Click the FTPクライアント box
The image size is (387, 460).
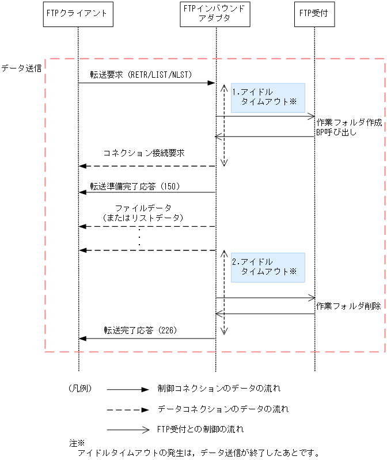pos(78,14)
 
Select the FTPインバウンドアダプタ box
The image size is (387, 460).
pos(215,14)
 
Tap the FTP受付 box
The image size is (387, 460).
pos(314,14)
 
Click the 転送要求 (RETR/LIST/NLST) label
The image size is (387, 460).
pos(141,75)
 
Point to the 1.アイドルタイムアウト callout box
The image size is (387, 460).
pos(268,97)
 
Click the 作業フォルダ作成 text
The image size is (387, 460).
pos(349,123)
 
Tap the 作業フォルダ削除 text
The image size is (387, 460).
pos(349,306)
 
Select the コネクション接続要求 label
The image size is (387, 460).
pos(144,154)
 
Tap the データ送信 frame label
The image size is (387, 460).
pos(21,68)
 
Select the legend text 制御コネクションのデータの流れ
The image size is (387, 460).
pos(219,389)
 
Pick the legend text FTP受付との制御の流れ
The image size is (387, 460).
pos(200,429)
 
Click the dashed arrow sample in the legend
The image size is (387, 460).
pos(127,410)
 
